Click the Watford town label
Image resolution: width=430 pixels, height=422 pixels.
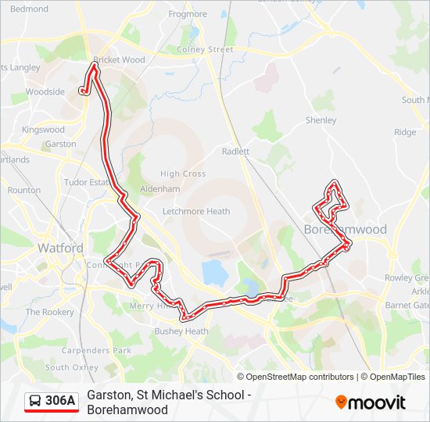[x=60, y=248]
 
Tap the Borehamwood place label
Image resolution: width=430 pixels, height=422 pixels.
[x=345, y=230]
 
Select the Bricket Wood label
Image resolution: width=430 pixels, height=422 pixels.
[x=119, y=59]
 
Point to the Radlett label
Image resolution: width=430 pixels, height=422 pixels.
[x=235, y=152]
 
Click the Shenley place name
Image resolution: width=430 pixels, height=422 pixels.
[x=321, y=120]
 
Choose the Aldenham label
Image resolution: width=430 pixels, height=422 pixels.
[x=159, y=189]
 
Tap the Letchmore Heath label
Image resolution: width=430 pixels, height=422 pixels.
[x=196, y=211]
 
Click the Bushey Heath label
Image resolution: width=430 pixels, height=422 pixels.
[x=181, y=331]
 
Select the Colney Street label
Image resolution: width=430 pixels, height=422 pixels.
[x=205, y=49]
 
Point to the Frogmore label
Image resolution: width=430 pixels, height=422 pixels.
[x=188, y=14]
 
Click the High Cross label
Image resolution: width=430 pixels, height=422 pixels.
[x=183, y=173]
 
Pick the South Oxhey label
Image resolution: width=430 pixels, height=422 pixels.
[x=71, y=367]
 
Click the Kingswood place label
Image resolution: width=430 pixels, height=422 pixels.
[x=43, y=130]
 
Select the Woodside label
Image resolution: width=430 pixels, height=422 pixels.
[x=45, y=91]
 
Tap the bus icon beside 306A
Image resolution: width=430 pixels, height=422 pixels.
[x=35, y=402]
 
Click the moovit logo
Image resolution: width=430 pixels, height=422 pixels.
[x=371, y=402]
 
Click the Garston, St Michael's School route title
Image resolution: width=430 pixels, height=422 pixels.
[x=168, y=395]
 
